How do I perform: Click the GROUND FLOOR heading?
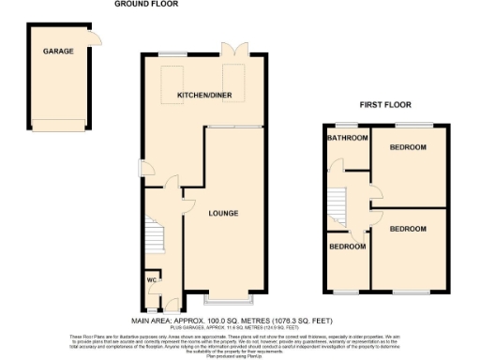click(x=146, y=4)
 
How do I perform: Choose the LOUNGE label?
click(x=223, y=214)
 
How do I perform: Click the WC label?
click(x=151, y=279)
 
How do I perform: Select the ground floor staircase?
click(x=154, y=235)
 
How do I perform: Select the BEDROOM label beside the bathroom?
click(x=409, y=147)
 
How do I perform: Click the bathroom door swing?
click(x=337, y=168)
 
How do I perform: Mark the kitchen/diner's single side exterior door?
click(x=147, y=170)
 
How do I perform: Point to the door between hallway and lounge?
click(x=187, y=202)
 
